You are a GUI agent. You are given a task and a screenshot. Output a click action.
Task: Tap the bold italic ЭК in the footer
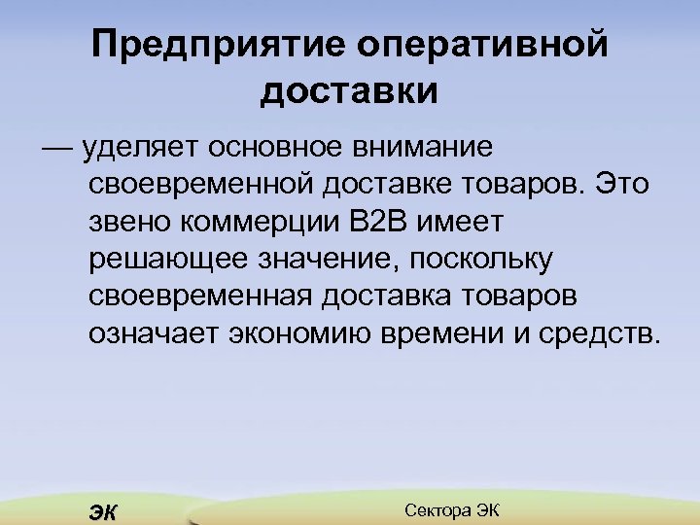pyautogui.click(x=101, y=512)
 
